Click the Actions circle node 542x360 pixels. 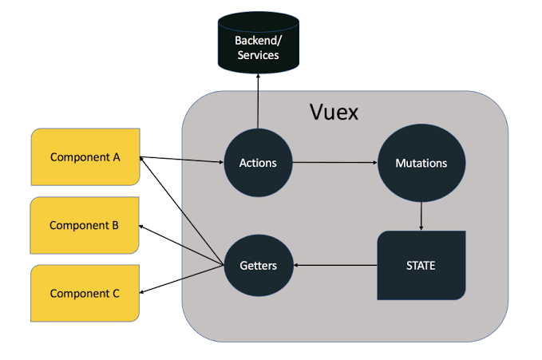click(x=258, y=163)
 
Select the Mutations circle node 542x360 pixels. click(x=421, y=163)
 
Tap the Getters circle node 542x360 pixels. click(x=258, y=265)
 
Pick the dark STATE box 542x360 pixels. click(x=421, y=265)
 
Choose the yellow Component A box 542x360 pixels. click(x=85, y=157)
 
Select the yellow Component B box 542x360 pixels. click(x=85, y=225)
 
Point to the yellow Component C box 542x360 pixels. click(x=85, y=293)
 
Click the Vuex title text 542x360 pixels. click(x=334, y=113)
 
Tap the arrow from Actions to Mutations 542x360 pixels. click(x=335, y=163)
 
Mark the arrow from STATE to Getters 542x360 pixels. click(x=336, y=265)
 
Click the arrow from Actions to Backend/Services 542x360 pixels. click(x=257, y=101)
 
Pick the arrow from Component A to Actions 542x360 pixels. click(x=182, y=160)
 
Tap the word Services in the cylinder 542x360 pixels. click(x=257, y=55)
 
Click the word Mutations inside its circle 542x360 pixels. click(x=421, y=163)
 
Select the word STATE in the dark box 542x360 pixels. click(x=421, y=265)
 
